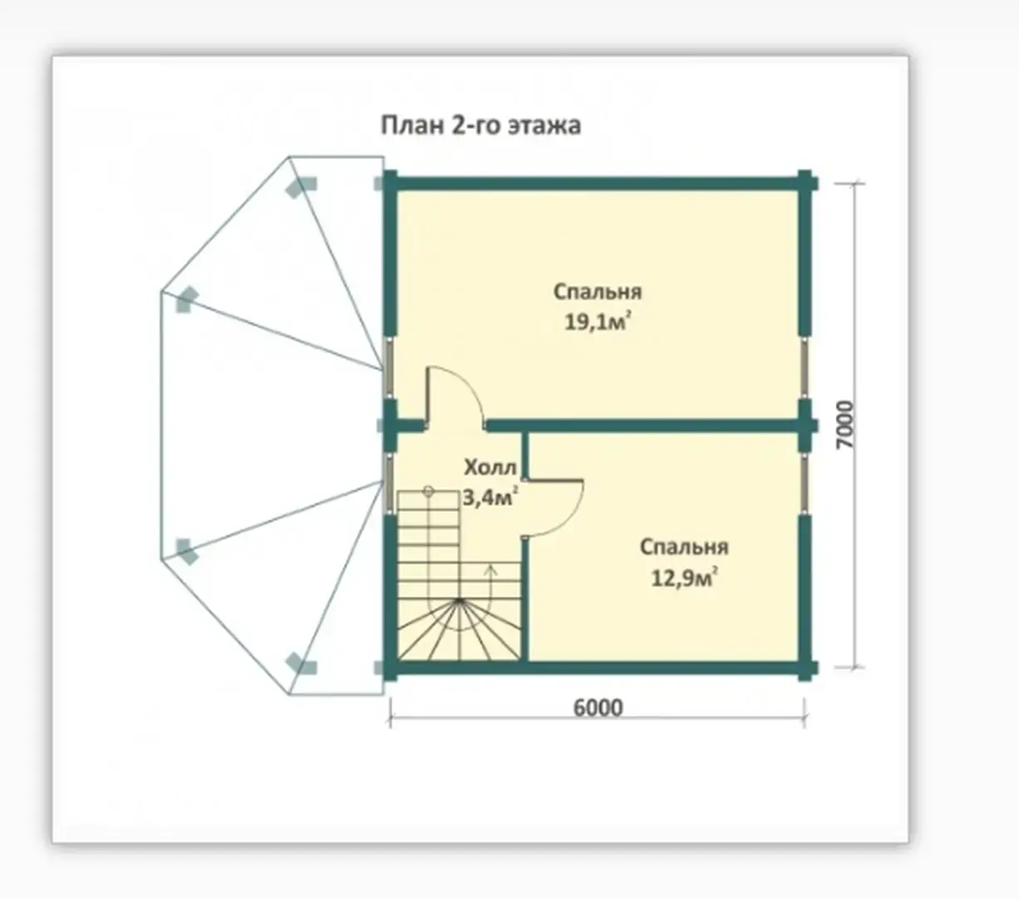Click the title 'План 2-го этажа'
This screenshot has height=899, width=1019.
[481, 126]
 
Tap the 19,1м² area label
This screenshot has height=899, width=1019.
[598, 322]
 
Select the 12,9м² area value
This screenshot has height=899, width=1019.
[684, 578]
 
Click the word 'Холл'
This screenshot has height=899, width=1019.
[490, 468]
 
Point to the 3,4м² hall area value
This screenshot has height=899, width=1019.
[490, 498]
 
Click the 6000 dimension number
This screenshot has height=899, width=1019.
[598, 708]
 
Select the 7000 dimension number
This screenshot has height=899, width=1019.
[845, 425]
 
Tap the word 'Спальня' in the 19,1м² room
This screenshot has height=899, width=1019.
[598, 293]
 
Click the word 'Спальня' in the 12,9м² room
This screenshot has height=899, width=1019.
[684, 548]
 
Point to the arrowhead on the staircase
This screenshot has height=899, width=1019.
[490, 570]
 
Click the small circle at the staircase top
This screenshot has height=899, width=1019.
[428, 490]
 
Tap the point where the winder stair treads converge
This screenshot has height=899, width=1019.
[460, 601]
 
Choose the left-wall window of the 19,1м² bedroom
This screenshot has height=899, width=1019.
[389, 368]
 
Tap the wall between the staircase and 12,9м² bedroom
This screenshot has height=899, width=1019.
[524, 599]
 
